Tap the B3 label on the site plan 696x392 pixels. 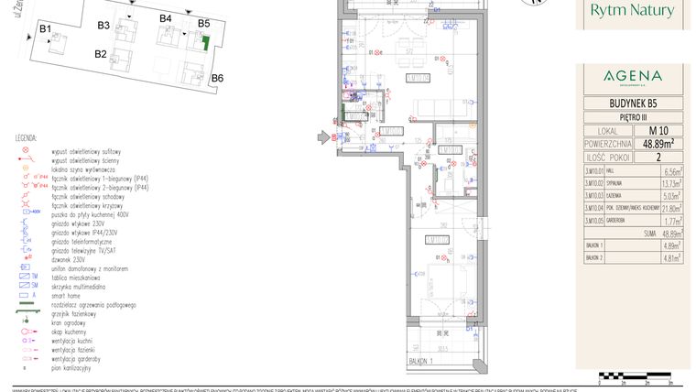coord(103,24)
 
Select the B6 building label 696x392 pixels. coord(217,78)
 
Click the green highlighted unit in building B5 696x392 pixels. coord(206,41)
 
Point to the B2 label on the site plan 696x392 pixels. coord(101,54)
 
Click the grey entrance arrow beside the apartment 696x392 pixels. coord(323,138)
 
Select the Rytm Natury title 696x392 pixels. coord(634,11)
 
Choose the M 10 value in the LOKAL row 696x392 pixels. coord(656,130)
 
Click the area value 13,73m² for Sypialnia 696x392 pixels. coord(670,183)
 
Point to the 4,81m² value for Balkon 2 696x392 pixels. coord(670,258)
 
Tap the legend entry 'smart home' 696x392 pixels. coord(70,296)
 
